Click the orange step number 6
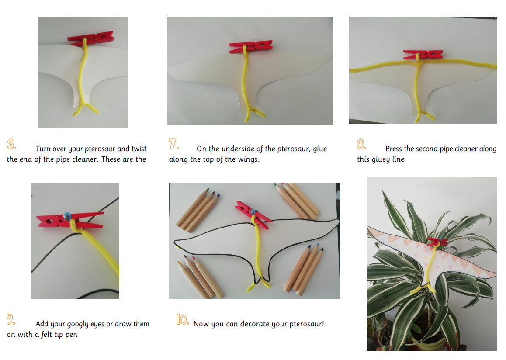(x=11, y=144)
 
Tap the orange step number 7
(x=173, y=144)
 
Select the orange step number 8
(x=361, y=144)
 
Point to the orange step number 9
(x=10, y=319)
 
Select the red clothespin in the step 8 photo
(x=423, y=54)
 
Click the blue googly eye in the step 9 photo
(x=67, y=216)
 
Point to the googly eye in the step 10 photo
(x=253, y=212)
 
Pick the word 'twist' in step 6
(x=139, y=149)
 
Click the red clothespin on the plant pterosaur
(x=437, y=241)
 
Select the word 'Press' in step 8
(x=394, y=149)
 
